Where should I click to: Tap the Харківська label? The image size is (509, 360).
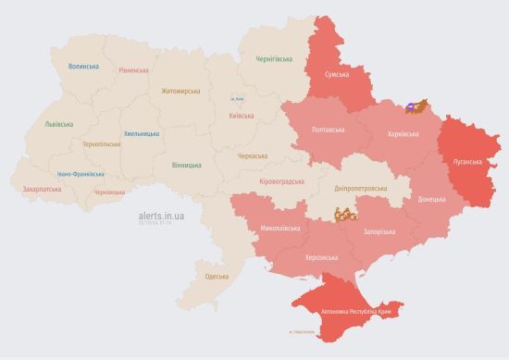[402, 134]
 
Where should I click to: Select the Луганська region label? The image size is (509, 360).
[467, 160]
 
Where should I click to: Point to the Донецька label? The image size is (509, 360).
[431, 199]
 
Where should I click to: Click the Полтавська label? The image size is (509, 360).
[329, 130]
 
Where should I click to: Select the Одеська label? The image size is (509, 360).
[217, 277]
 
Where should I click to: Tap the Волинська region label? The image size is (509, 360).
[83, 68]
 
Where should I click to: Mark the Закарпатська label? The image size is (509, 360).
[42, 190]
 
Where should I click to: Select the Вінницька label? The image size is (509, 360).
[186, 165]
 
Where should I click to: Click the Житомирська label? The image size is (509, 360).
[180, 91]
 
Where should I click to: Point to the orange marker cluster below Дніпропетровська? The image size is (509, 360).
[345, 215]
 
